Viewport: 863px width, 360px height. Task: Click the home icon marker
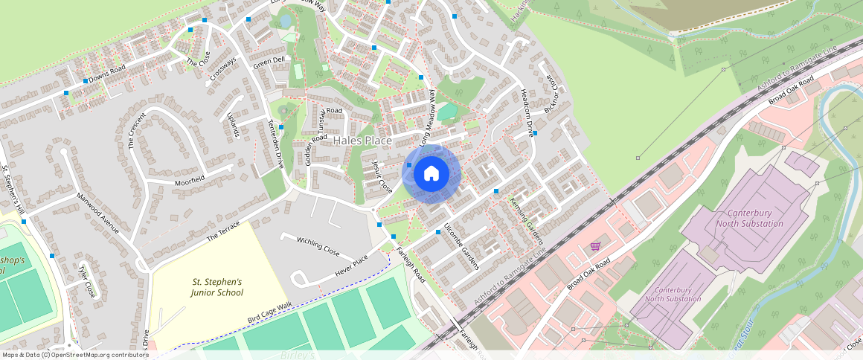[431, 174]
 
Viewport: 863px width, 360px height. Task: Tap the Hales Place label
[362, 140]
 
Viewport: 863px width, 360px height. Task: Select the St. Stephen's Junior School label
[217, 287]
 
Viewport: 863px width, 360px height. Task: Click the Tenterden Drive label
[275, 144]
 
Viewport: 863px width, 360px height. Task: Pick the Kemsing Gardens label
[527, 221]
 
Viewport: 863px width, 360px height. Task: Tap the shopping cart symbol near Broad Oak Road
[595, 245]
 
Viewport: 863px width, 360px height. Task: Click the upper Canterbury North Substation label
[749, 219]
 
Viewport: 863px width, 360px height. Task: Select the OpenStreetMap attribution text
[74, 355]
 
